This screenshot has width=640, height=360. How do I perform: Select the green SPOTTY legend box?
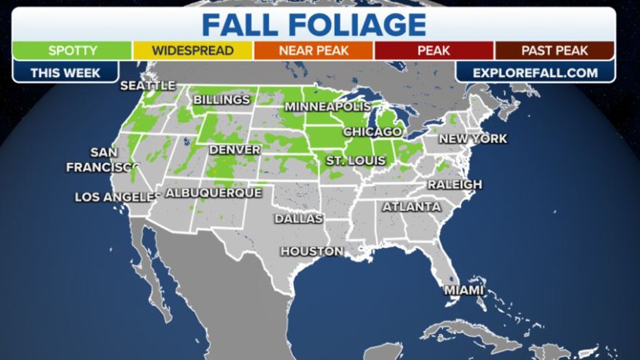tap(73, 51)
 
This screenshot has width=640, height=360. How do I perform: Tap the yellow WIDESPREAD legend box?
tap(192, 51)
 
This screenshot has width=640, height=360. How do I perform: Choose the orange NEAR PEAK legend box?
tap(313, 51)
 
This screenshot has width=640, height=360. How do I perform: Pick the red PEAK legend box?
tap(433, 51)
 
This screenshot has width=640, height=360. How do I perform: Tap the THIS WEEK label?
tap(65, 72)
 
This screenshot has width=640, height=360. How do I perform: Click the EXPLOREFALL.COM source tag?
tap(536, 72)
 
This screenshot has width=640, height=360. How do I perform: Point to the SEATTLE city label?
tap(148, 86)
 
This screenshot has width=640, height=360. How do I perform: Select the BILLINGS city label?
tap(221, 100)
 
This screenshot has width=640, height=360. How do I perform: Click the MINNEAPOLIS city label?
tap(328, 107)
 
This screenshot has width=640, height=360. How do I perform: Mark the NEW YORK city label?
tap(473, 139)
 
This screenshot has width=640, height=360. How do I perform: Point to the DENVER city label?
tap(234, 150)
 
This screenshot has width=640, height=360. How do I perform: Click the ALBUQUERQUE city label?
tap(214, 193)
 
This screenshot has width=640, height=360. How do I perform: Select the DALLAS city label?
tap(298, 218)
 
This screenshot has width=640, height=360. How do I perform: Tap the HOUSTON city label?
tap(311, 251)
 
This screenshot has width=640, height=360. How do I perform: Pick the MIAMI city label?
tap(464, 291)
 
